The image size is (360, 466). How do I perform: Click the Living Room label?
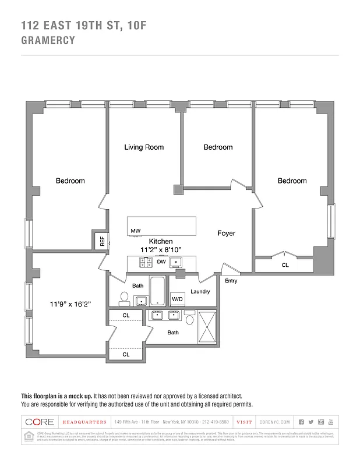click(144, 147)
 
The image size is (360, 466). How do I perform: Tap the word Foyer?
click(226, 233)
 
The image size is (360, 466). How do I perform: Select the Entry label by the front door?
click(231, 281)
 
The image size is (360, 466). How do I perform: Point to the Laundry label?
click(200, 291)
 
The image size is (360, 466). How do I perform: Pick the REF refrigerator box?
click(101, 240)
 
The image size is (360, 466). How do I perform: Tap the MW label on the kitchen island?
click(135, 231)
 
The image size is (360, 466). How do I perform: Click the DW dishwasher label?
click(161, 262)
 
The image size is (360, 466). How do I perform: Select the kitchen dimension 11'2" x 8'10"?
click(161, 249)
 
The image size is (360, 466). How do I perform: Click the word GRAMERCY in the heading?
click(48, 41)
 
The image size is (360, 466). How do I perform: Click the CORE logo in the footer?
click(40, 422)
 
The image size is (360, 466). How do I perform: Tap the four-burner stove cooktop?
click(146, 263)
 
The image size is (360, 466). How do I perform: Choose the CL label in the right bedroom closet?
click(285, 265)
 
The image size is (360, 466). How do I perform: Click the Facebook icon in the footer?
click(301, 422)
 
